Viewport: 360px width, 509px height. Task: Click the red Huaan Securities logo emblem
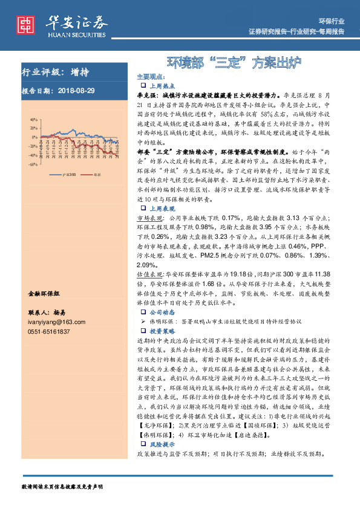coord(26,24)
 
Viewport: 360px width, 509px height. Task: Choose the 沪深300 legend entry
coord(68,172)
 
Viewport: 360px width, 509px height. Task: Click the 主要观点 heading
coord(150,77)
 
